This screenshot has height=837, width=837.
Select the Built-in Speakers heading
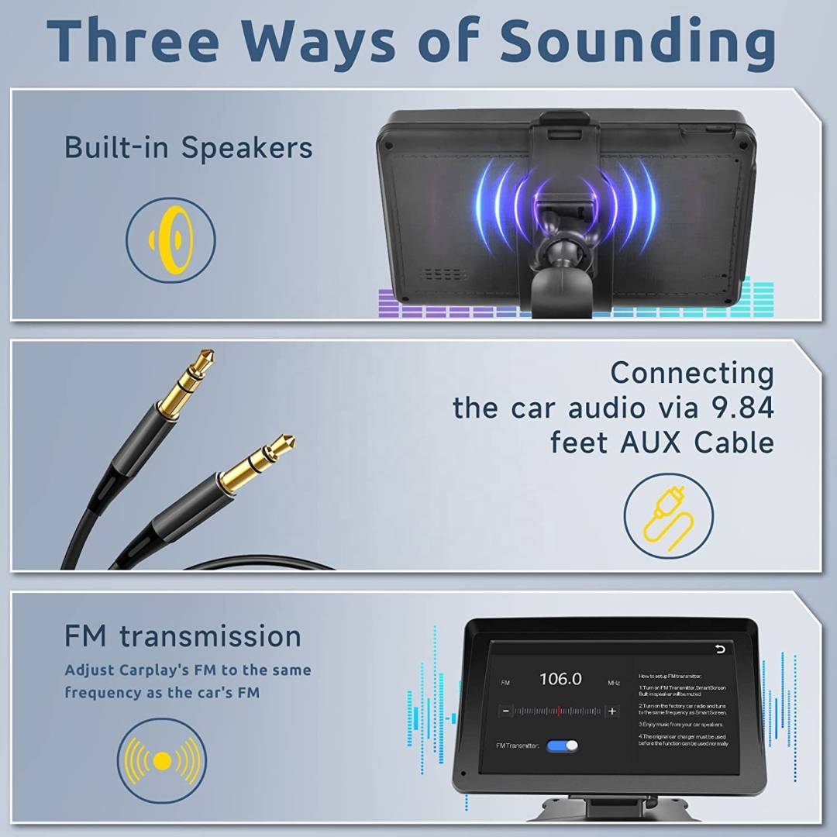[188, 146]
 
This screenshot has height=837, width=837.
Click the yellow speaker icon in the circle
[171, 238]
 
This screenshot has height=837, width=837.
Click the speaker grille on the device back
[444, 275]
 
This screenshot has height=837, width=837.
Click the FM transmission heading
[183, 636]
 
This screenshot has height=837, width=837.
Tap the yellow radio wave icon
[161, 761]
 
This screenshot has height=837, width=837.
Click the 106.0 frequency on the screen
[560, 679]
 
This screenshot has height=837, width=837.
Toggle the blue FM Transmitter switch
[562, 746]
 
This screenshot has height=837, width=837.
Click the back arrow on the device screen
[721, 649]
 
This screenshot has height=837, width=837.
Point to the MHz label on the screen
[614, 683]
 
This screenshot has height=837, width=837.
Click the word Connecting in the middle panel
[691, 373]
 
